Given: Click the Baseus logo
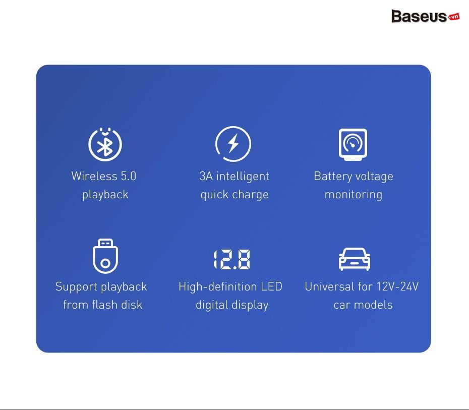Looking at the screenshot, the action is click(x=425, y=16).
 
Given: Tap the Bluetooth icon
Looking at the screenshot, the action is click(x=105, y=144).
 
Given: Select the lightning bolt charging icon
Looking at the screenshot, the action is click(x=233, y=144).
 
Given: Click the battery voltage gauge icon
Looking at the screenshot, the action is click(x=353, y=144).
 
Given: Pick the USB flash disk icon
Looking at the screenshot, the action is click(x=105, y=256).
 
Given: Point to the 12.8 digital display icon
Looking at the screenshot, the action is click(x=232, y=259).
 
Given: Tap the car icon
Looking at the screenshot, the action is click(x=355, y=259).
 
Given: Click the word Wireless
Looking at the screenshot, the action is click(x=94, y=176).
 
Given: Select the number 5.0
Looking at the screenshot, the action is click(x=129, y=176).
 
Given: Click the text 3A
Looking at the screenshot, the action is click(x=206, y=176).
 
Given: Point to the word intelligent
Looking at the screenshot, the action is click(x=243, y=177).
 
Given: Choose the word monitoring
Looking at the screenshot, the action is click(x=354, y=195).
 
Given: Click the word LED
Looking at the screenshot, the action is click(x=272, y=286).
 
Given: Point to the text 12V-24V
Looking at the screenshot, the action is click(x=397, y=286).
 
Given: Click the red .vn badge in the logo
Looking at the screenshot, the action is click(x=454, y=17).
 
